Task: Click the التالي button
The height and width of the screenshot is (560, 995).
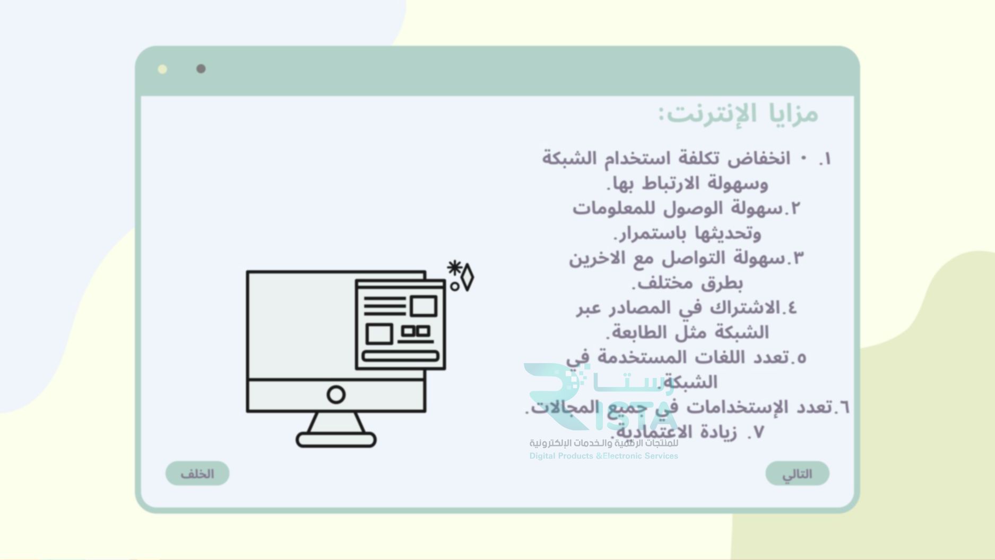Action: [x=797, y=473]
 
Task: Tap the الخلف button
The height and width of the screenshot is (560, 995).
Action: [x=197, y=473]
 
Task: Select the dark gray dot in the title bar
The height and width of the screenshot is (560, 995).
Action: [x=201, y=69]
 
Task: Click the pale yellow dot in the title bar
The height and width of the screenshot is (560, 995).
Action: [x=163, y=69]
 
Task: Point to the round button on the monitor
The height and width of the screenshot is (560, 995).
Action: [x=336, y=394]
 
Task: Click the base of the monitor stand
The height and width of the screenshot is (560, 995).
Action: [x=336, y=440]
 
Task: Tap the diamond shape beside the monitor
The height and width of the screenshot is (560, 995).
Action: [x=467, y=277]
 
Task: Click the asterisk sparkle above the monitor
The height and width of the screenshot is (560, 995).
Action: [x=454, y=268]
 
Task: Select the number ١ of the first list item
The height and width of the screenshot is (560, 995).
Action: [x=825, y=159]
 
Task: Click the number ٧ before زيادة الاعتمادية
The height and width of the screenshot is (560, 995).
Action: [x=758, y=433]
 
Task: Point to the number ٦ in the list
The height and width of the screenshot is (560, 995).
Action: [x=843, y=408]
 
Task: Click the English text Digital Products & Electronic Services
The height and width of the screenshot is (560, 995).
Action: [x=603, y=456]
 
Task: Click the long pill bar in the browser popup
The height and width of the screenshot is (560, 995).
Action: [x=400, y=356]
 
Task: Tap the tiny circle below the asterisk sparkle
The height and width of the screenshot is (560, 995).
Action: [x=455, y=286]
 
